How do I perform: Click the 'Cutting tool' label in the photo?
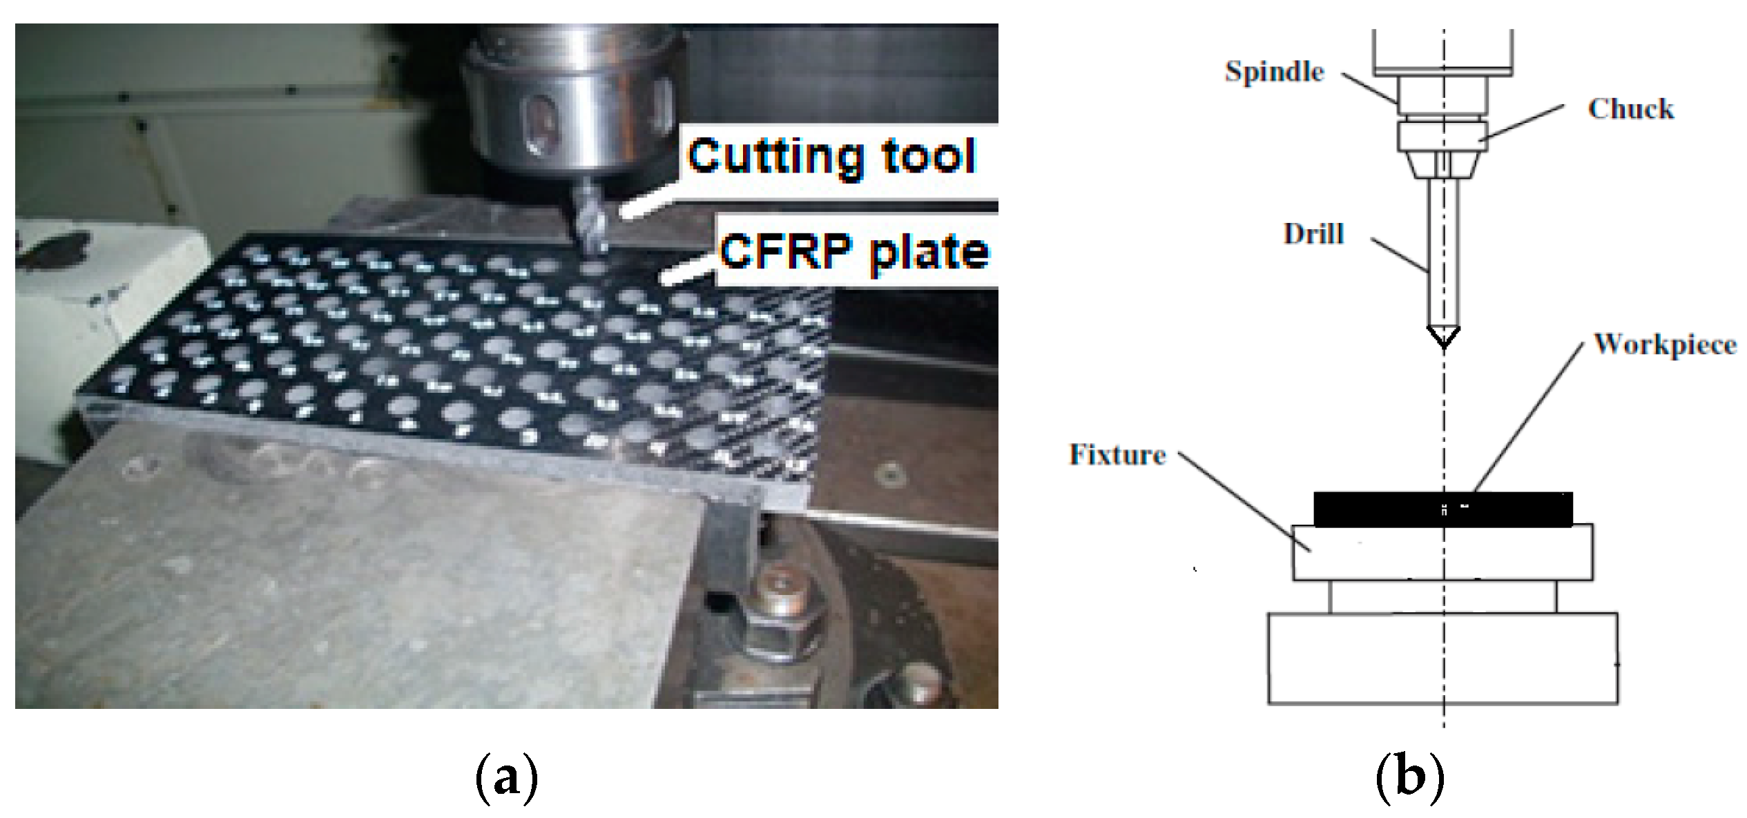click(831, 157)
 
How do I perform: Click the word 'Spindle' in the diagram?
click(1274, 72)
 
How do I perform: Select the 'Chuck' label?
click(1630, 109)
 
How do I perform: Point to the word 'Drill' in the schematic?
click(1313, 234)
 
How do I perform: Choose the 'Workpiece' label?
click(1665, 344)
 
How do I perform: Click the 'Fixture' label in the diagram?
click(1117, 455)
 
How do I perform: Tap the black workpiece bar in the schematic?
click(1381, 509)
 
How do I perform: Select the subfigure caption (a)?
click(506, 777)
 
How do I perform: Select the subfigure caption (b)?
click(1409, 777)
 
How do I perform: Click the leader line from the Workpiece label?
click(1529, 418)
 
